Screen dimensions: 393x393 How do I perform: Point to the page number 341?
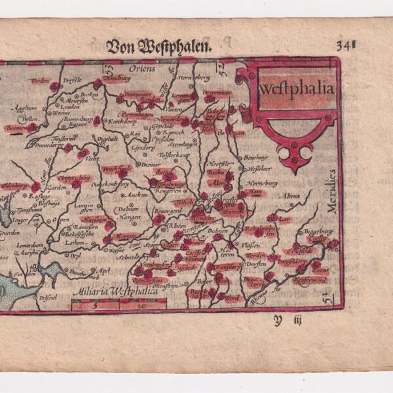pos(346,45)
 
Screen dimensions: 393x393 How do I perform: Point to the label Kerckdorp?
pos(122,122)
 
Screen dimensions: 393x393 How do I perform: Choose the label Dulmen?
pos(216,230)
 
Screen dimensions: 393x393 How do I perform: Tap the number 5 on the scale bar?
pos(95,305)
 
